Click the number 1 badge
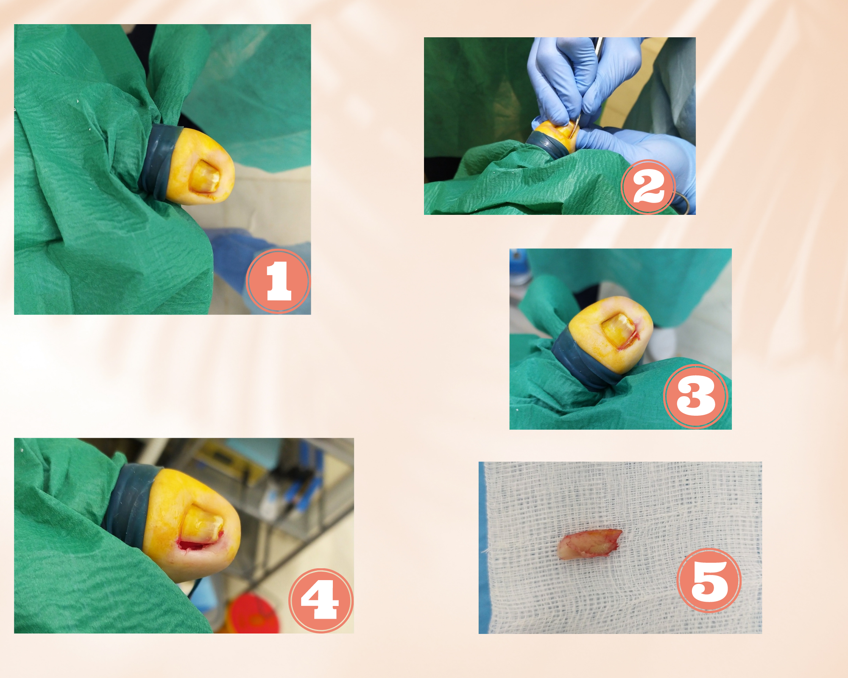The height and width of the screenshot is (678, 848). (x=278, y=281)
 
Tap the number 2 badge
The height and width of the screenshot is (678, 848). (x=648, y=187)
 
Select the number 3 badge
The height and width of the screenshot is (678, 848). (x=696, y=396)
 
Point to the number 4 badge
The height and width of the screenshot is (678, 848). (x=321, y=600)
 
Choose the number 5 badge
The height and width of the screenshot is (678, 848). (x=709, y=580)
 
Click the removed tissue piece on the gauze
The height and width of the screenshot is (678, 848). (x=590, y=544)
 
